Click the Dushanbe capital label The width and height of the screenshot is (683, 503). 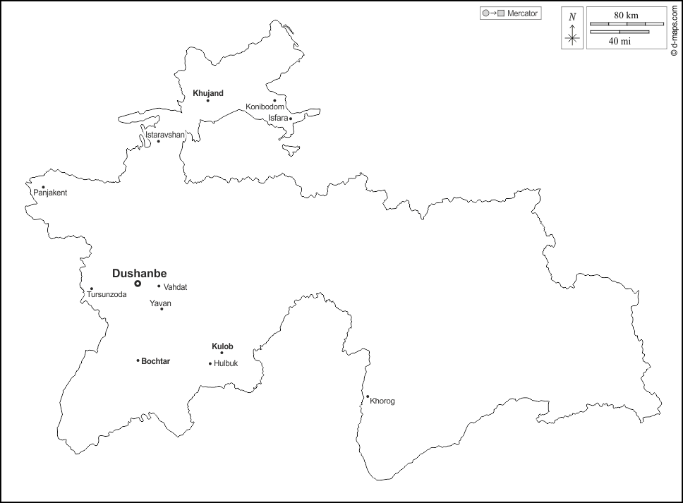coord(139,273)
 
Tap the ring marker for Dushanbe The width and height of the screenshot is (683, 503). coord(138,284)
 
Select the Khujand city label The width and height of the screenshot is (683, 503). coord(207,92)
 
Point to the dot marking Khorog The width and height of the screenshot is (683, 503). coord(368,396)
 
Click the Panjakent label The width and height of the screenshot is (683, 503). coord(50,193)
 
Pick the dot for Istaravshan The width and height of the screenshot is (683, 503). coord(158,141)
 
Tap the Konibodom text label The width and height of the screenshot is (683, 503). coord(265,107)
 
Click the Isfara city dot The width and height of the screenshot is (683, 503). coord(291,119)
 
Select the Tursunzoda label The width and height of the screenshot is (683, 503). coord(107,294)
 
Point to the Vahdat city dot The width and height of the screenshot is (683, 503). coord(159,286)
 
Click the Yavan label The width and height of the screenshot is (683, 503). coord(160,303)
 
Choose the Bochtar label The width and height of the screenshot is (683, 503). coord(155,361)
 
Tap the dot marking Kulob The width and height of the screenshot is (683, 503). coord(222,353)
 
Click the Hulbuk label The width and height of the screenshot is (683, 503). coord(226,364)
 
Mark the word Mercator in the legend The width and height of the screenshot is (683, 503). coord(522,13)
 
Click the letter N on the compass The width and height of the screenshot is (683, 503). coord(572,16)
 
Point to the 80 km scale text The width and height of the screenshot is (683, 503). coord(625,15)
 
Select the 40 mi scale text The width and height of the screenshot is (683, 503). coord(619,41)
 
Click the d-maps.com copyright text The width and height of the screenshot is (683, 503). coord(675,32)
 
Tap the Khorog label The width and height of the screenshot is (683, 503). coord(382,401)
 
